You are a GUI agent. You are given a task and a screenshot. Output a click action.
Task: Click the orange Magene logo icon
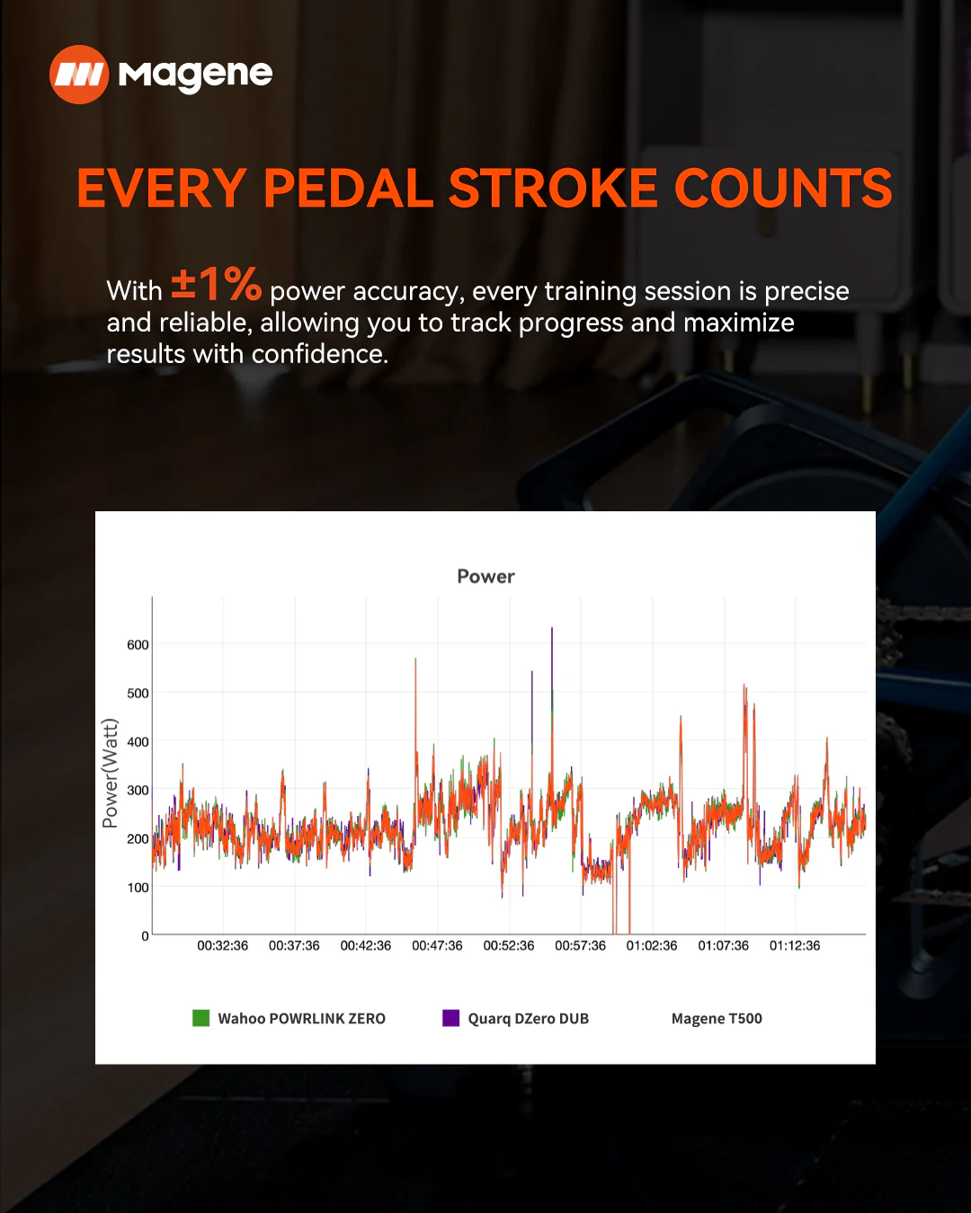(x=79, y=75)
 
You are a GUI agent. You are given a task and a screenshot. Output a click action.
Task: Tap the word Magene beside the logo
(x=195, y=75)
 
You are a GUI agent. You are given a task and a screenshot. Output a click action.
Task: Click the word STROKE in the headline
(x=553, y=189)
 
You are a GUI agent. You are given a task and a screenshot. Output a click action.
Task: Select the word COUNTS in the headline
(x=784, y=189)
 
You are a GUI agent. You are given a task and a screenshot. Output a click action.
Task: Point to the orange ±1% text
(x=216, y=285)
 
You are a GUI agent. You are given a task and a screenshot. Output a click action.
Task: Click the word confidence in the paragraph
(x=319, y=355)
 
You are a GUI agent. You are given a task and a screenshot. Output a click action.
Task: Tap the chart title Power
(x=485, y=576)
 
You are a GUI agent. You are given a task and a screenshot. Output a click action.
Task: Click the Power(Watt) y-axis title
(x=110, y=774)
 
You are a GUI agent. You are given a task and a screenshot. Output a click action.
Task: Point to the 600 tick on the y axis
(x=138, y=645)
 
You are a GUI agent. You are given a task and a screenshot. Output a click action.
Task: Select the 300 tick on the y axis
(x=138, y=791)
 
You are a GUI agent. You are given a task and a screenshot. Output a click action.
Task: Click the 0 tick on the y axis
(x=145, y=936)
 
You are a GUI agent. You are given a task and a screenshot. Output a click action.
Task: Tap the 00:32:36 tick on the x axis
(x=222, y=946)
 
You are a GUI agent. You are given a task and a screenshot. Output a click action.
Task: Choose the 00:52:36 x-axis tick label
(x=508, y=946)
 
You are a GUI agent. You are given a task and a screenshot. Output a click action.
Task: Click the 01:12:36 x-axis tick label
(x=795, y=946)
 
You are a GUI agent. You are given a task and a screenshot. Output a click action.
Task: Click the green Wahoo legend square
(x=200, y=1018)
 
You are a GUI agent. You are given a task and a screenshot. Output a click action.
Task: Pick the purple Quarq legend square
(x=450, y=1018)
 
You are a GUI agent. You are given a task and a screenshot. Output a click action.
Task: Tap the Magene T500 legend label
(x=717, y=1019)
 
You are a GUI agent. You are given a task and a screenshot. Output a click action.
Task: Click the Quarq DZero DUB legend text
(x=528, y=1019)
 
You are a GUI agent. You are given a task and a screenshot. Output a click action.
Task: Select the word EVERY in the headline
(x=162, y=189)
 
